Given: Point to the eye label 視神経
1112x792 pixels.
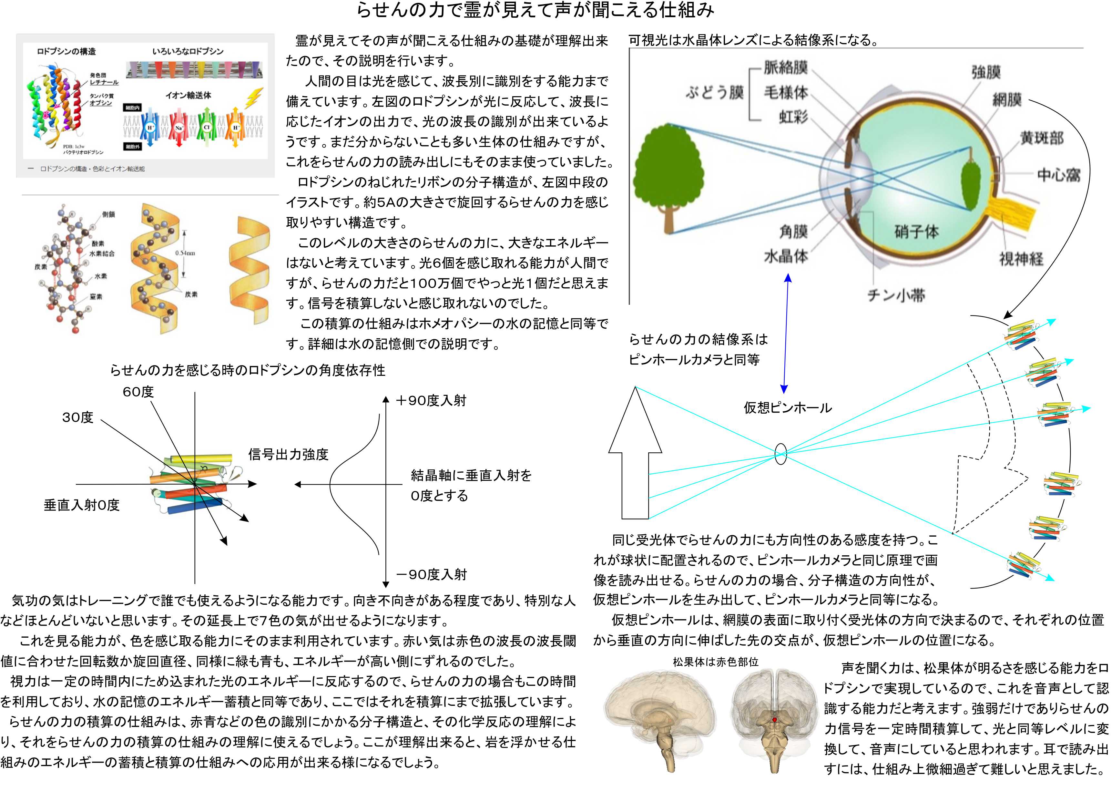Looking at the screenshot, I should coord(1021,259).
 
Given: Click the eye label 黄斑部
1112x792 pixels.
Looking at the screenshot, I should coord(1042,138).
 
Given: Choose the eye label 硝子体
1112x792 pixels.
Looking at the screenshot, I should coord(916,231).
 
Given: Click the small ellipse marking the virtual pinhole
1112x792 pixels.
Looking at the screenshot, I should coord(780,454).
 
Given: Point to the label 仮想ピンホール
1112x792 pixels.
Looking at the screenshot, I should coord(787,408).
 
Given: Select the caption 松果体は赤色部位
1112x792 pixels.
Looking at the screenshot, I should coord(716,662).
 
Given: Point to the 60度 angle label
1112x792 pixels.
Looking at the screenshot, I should coord(138,392).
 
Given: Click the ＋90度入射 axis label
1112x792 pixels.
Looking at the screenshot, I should coord(432,401).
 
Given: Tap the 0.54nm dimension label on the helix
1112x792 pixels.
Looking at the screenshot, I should coord(185,252).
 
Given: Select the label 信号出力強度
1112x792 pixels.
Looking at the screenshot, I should coord(288,455).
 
